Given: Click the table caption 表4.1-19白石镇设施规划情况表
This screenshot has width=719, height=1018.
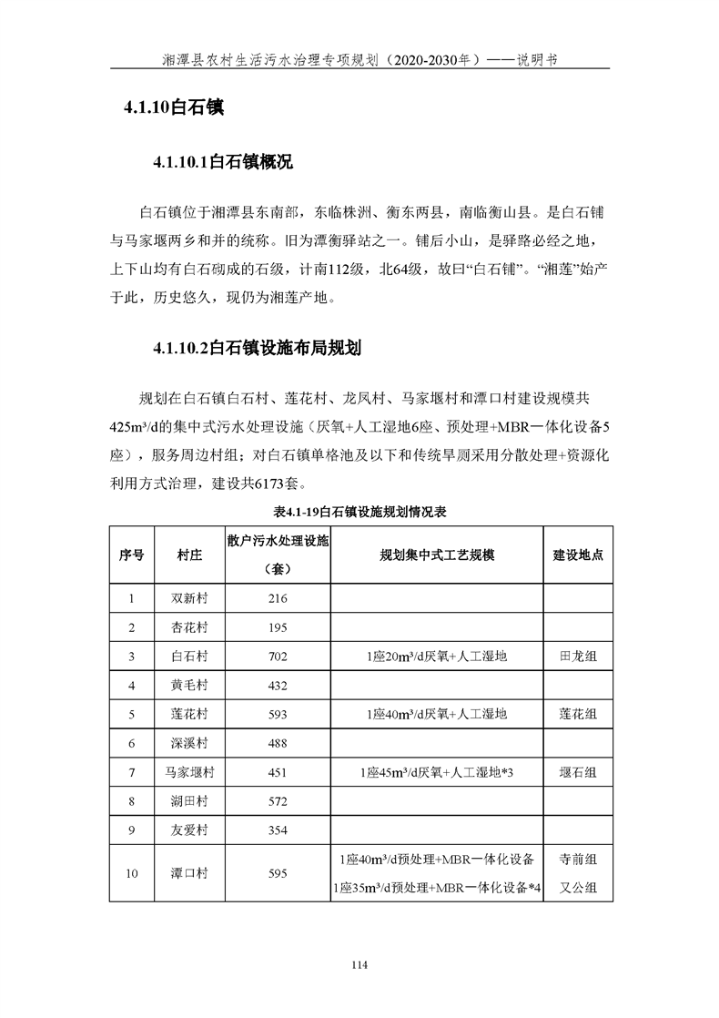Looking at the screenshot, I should (x=359, y=512).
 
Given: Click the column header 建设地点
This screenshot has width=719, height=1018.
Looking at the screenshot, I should (x=578, y=555).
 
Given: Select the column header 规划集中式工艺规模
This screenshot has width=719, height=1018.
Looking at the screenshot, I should (x=437, y=555).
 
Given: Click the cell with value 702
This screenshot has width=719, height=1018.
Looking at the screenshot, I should (x=278, y=656).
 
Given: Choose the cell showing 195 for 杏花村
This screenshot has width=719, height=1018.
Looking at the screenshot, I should (x=278, y=627).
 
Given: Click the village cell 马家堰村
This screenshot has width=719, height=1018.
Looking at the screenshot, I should (x=189, y=772).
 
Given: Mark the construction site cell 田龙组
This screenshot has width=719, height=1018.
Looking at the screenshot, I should (x=578, y=656).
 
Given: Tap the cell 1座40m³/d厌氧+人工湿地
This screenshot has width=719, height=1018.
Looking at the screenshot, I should (x=437, y=714).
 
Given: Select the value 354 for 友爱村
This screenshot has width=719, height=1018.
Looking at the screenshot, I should (x=278, y=830).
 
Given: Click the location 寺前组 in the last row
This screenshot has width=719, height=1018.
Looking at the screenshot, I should (x=578, y=859).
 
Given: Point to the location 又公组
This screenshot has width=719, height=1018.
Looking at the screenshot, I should (x=578, y=887).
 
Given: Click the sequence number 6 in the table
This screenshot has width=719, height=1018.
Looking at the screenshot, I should (x=132, y=743).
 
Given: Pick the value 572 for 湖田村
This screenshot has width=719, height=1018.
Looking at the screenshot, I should (x=278, y=801).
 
